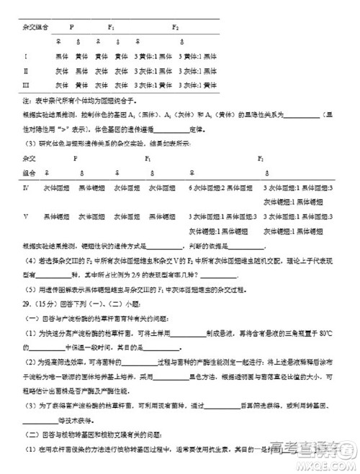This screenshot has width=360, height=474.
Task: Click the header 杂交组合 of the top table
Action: pos(36,27)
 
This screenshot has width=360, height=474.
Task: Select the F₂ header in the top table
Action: pos(175,27)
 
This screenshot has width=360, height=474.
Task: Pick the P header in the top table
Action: pos(71,27)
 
